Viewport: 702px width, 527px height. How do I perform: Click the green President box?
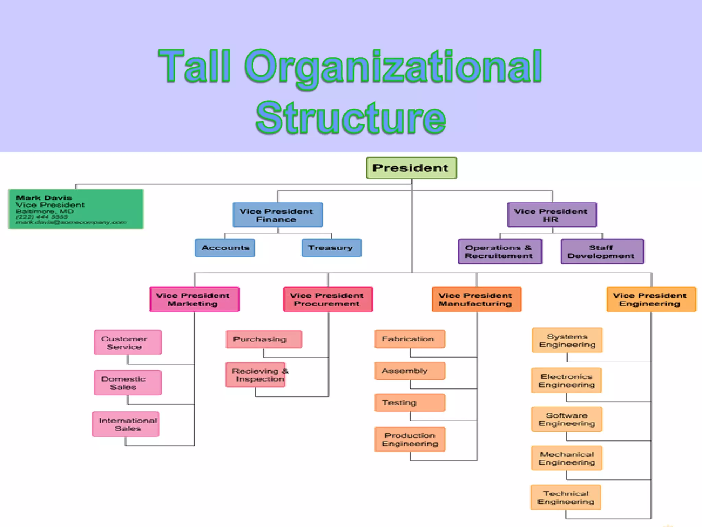(x=411, y=168)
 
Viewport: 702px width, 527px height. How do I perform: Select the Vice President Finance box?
(x=277, y=215)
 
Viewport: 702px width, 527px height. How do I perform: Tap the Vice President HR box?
(x=552, y=215)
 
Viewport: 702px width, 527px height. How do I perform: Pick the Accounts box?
(x=225, y=248)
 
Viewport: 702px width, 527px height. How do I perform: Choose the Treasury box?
(x=331, y=248)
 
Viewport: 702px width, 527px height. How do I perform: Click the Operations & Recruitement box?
(x=500, y=251)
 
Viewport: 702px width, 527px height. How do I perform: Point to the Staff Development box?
(x=602, y=251)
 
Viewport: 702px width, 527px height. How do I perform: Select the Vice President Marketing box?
(x=194, y=299)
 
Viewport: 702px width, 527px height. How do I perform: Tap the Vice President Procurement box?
(x=328, y=299)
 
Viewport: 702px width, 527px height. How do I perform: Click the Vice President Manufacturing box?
(x=476, y=299)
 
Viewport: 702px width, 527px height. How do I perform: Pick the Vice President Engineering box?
(x=651, y=299)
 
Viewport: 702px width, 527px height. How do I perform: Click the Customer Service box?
(x=128, y=342)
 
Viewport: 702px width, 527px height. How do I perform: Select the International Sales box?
(x=126, y=424)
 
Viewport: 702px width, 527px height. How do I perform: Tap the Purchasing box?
(x=264, y=339)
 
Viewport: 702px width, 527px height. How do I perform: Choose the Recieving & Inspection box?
(x=256, y=375)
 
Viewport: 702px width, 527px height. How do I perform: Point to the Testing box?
(x=410, y=403)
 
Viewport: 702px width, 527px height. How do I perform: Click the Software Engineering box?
(x=567, y=419)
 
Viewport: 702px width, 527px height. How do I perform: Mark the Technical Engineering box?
(x=566, y=497)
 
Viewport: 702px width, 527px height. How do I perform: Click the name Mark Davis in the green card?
(x=44, y=198)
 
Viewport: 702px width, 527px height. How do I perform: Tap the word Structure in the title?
(x=351, y=117)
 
